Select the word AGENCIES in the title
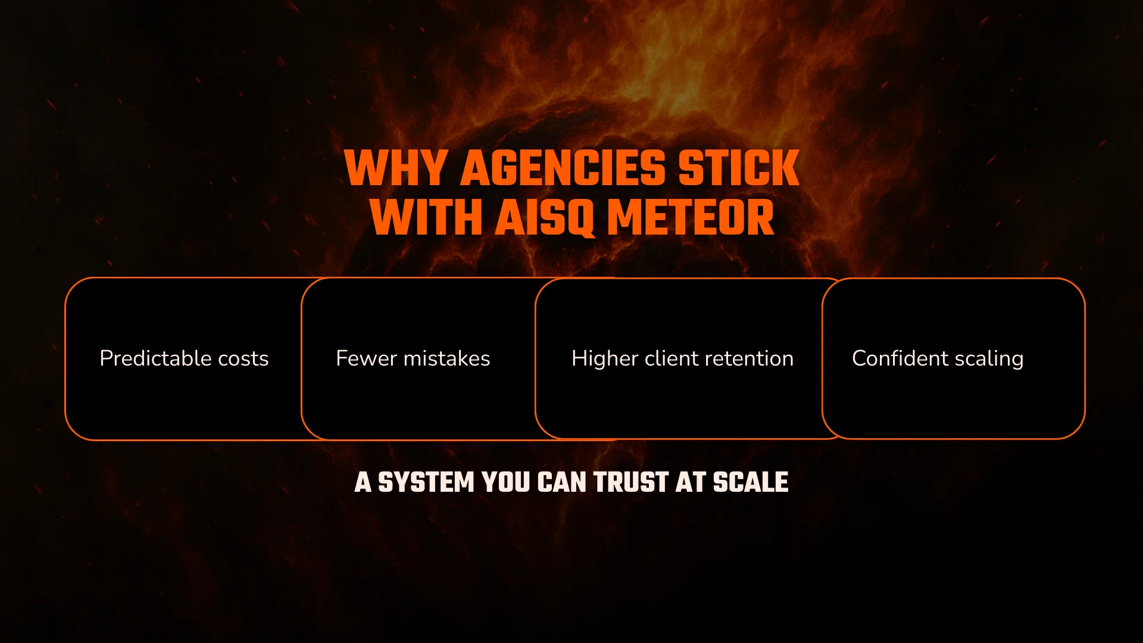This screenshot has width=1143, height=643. (x=563, y=168)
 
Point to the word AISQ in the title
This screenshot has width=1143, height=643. (x=544, y=217)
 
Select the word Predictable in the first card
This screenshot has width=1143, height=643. (x=155, y=358)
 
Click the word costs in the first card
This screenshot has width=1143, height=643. (x=243, y=358)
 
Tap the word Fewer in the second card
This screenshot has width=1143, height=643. (x=366, y=358)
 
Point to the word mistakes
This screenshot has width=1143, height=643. (x=446, y=358)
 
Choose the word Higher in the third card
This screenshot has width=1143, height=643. (x=604, y=358)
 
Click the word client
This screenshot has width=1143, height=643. (x=672, y=358)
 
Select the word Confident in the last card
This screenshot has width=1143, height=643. (x=900, y=358)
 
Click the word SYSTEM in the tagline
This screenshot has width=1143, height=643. (x=426, y=482)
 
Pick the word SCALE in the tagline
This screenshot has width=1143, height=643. (x=751, y=482)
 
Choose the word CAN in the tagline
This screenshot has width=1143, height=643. (x=562, y=482)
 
